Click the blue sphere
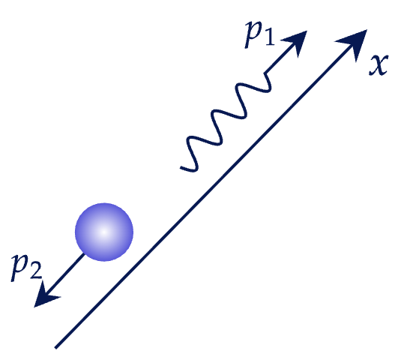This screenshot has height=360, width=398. (x=104, y=232)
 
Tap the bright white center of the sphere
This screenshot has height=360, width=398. (x=103, y=232)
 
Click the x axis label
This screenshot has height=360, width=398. (x=379, y=64)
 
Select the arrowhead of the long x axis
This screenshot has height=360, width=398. (x=355, y=43)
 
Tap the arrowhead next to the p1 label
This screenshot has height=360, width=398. (x=296, y=43)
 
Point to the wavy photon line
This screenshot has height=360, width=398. (x=226, y=124)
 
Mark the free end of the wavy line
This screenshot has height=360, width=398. (x=181, y=168)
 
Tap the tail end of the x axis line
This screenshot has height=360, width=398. (x=56, y=347)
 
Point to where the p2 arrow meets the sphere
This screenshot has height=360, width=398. (x=83, y=254)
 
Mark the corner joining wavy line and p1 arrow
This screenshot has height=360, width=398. (x=265, y=73)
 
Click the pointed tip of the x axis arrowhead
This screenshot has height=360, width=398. (x=367, y=29)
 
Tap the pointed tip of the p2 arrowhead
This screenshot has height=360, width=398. (x=34, y=307)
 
